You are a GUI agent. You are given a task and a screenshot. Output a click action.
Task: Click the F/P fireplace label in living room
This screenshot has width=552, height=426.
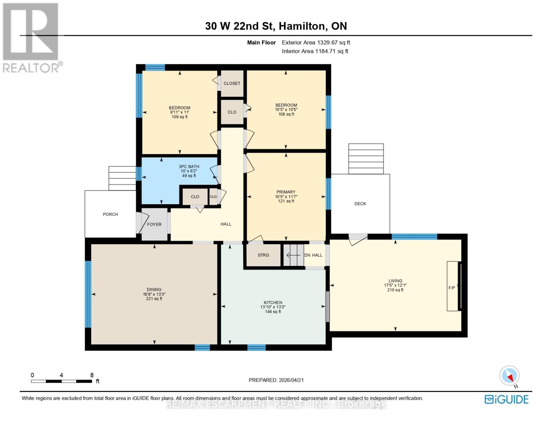451,288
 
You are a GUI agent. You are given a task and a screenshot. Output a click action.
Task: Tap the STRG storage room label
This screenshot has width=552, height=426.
263,255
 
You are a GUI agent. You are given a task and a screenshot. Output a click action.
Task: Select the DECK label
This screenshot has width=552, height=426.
360,204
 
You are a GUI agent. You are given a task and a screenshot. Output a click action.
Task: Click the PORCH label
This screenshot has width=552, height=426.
110,214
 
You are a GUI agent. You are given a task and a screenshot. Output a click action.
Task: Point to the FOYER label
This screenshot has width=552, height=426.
154,224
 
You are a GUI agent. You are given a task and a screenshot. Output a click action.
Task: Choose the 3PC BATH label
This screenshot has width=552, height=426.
189,166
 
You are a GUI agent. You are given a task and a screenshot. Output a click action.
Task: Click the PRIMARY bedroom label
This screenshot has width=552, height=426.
286,192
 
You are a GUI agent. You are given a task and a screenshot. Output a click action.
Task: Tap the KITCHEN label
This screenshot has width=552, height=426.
273,302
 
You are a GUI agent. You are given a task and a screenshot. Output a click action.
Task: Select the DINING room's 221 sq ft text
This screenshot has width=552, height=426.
154,299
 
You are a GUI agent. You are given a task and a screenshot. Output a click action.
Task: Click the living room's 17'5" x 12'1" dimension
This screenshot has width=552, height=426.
395,285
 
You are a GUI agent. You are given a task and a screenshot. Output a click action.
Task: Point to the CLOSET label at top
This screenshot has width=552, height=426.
232,83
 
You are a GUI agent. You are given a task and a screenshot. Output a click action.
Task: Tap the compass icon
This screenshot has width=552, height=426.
509,376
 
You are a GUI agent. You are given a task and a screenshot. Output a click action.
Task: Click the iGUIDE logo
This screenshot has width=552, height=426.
507,399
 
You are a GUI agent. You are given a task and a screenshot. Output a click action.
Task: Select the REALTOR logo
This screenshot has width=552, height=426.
31,37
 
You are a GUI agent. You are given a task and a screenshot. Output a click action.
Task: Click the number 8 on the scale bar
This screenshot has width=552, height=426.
92,375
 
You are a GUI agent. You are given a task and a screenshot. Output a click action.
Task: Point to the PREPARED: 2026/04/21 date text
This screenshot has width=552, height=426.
276,380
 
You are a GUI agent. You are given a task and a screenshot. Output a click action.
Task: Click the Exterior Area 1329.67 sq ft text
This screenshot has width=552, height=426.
316,43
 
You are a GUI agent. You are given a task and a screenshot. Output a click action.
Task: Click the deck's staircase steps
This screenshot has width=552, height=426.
366,159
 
